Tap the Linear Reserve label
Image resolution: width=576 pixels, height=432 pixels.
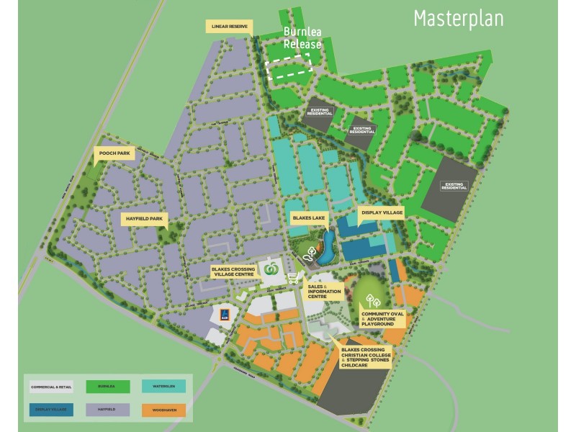coord(229,27)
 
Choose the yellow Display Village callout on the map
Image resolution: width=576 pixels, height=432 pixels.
coord(380,213)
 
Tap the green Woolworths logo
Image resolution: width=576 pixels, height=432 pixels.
coord(271,268)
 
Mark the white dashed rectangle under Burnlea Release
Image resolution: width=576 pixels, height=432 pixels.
coord(288,69)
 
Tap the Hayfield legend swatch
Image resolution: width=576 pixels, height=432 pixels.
coord(107,410)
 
